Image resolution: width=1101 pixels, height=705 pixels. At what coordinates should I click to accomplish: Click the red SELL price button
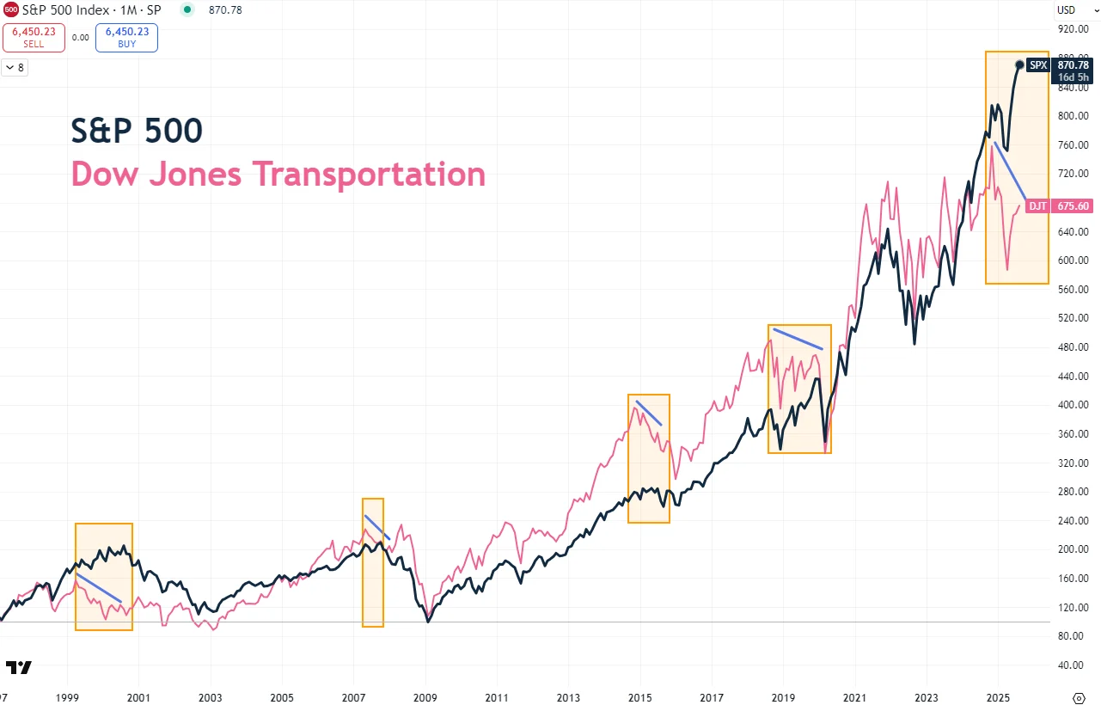pyautogui.click(x=34, y=37)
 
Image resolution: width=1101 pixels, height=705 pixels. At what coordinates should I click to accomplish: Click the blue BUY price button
pyautogui.click(x=126, y=37)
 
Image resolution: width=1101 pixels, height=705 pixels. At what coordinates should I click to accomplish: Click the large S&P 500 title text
pyautogui.click(x=137, y=131)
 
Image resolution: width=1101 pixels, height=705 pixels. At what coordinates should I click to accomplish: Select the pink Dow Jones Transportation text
pyautogui.click(x=278, y=174)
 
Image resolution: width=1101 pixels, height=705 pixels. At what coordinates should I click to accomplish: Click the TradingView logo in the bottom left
pyautogui.click(x=18, y=667)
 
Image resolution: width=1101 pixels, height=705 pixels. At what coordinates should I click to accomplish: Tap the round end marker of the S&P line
pyautogui.click(x=1019, y=64)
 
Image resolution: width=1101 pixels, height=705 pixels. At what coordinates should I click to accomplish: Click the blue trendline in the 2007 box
pyautogui.click(x=377, y=527)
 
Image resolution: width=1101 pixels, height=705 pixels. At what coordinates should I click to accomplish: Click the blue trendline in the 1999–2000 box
pyautogui.click(x=99, y=587)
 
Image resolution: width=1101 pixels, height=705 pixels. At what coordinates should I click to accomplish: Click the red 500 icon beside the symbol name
pyautogui.click(x=10, y=9)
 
